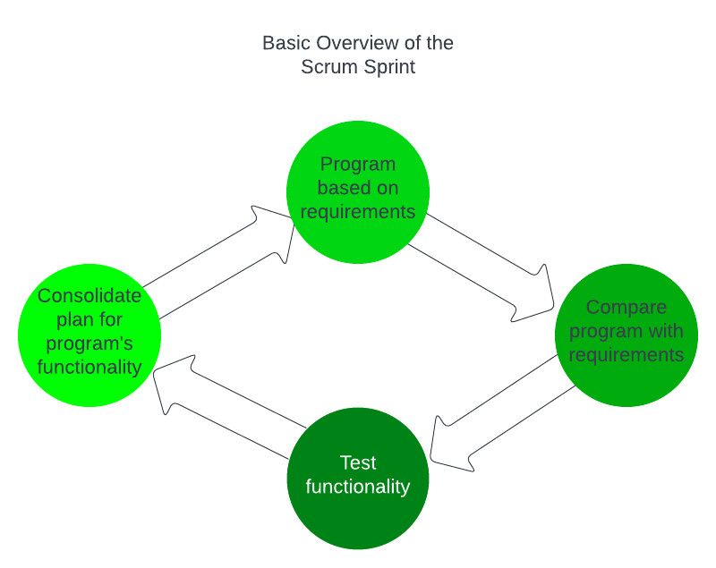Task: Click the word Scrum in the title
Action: click(327, 67)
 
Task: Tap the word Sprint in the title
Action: click(388, 67)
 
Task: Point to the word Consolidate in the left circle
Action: click(89, 296)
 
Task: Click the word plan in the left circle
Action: click(77, 319)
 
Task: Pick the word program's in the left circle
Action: click(89, 343)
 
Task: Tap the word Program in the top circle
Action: click(358, 165)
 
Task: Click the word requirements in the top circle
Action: click(358, 211)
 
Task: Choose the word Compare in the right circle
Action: click(626, 308)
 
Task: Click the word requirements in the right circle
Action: click(626, 355)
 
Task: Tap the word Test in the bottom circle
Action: click(358, 463)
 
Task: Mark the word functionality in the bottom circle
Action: click(358, 487)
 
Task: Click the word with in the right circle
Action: click(666, 331)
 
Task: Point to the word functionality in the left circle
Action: click(89, 367)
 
